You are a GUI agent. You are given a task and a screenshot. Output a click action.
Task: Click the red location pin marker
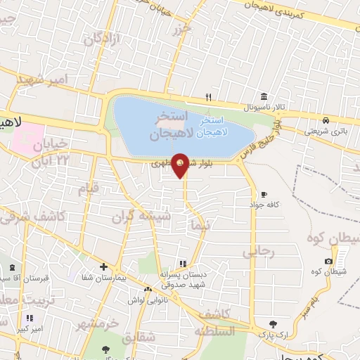tap(181, 165)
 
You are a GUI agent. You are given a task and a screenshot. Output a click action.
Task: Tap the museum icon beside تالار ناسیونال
tap(263, 96)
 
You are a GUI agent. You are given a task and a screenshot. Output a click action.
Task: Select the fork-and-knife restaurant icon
tap(207, 97)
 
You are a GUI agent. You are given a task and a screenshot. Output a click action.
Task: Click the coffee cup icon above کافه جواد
tap(264, 194)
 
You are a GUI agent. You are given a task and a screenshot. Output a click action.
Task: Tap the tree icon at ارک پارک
tap(274, 324)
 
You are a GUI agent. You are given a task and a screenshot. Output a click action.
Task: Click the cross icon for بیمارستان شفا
tap(103, 266)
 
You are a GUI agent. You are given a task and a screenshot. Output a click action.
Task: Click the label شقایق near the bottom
tap(139, 338)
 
